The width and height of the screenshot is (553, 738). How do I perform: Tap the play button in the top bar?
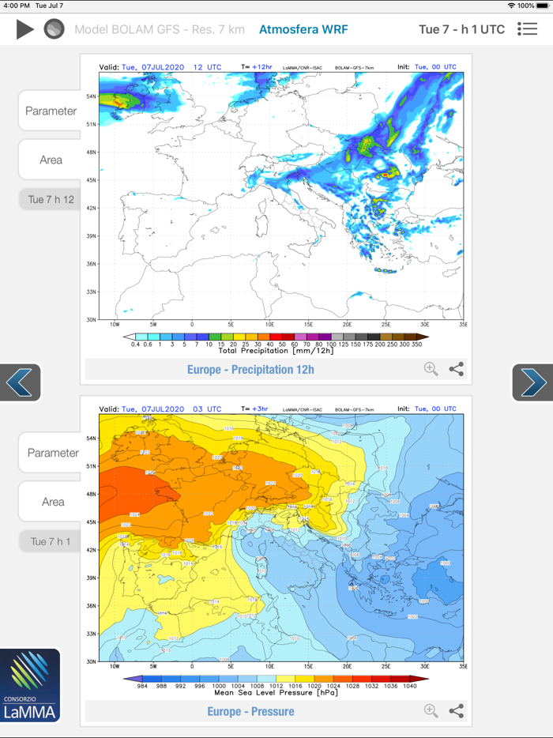pos(25,30)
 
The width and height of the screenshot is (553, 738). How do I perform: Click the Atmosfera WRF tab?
pos(303,30)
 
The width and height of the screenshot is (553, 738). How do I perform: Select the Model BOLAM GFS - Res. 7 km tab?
pos(160,30)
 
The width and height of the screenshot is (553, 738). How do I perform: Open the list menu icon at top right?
pos(527,29)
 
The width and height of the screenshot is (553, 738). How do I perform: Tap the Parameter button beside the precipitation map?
pos(51,111)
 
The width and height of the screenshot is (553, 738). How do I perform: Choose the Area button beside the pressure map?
pos(52,502)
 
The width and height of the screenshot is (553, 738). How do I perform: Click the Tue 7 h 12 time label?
pos(51,199)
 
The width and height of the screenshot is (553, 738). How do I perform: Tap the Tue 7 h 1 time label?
pos(51,541)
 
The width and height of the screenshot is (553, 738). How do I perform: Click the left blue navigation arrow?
pos(20,382)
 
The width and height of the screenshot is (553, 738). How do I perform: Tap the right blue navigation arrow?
pos(532,382)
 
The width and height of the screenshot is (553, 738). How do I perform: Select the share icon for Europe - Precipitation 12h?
pos(457,369)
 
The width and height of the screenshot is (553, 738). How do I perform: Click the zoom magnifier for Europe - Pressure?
pos(431,711)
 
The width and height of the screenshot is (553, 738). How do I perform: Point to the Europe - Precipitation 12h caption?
pos(250,369)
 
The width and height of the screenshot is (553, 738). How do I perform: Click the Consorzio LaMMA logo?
pos(31,686)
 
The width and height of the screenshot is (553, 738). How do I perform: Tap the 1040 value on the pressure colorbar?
pos(409,686)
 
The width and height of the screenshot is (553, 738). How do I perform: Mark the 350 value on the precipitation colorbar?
pos(416,344)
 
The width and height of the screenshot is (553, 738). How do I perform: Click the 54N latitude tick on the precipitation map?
pos(92,96)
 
